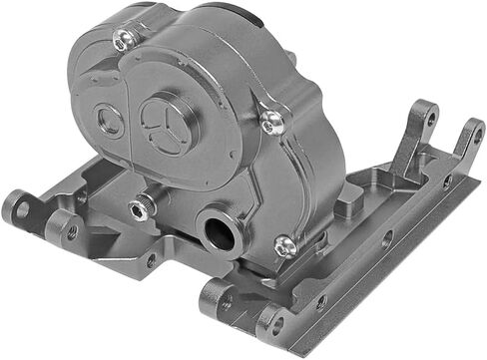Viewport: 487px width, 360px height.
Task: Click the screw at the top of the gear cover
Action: (x=125, y=41)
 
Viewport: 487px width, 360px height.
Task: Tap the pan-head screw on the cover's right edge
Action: (x=271, y=121)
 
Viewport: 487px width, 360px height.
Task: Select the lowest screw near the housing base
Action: (x=284, y=243)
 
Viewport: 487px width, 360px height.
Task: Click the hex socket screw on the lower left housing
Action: (x=140, y=207)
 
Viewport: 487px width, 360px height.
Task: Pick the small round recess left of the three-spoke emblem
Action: (x=109, y=123)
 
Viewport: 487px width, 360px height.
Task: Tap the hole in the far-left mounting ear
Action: (x=18, y=209)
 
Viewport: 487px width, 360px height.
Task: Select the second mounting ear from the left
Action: (x=60, y=230)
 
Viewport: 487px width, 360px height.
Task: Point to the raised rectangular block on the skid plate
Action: (x=347, y=206)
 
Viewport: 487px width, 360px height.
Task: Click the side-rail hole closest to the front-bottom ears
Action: (x=321, y=300)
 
